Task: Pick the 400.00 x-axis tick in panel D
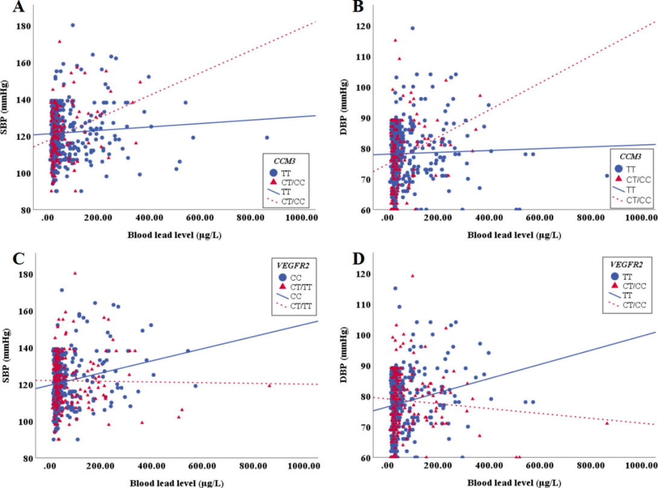tap(488, 466)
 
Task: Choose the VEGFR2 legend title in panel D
tap(622, 265)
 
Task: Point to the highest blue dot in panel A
tap(72, 25)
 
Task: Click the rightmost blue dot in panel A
tap(266, 137)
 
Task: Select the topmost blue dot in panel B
tap(412, 28)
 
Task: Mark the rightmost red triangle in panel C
tap(269, 385)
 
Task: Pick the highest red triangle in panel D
tap(413, 276)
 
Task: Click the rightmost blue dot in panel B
tap(607, 176)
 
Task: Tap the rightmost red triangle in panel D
tap(607, 423)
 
